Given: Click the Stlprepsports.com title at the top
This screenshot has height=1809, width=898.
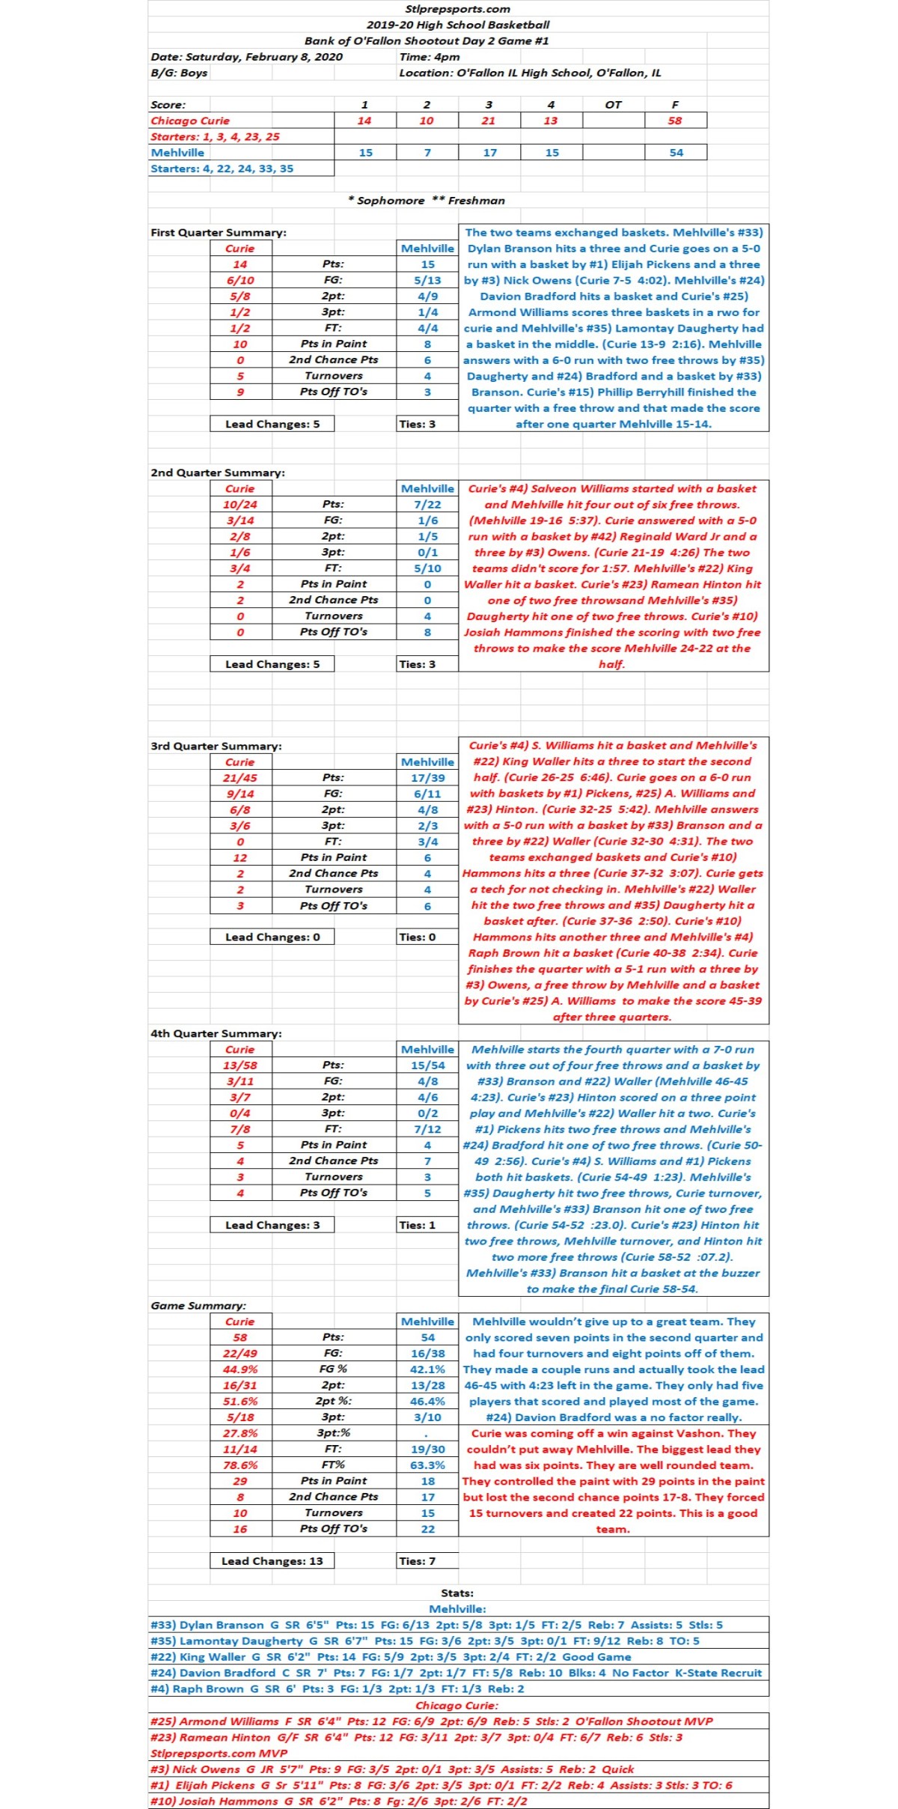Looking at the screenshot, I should [457, 9].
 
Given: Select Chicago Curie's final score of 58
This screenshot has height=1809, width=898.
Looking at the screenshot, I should [675, 121].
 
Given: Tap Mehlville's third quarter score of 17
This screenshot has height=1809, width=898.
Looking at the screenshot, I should [489, 153].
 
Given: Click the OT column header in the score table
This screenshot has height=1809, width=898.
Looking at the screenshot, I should [613, 105].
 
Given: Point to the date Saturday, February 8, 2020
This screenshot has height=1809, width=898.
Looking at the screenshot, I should [247, 57].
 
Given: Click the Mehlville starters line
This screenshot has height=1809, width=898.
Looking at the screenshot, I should [222, 168].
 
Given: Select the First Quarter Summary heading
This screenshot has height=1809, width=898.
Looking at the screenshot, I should [219, 232].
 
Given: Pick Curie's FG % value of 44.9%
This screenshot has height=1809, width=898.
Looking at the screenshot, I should [240, 1369].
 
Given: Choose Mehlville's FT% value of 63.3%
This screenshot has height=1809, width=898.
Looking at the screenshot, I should [427, 1465].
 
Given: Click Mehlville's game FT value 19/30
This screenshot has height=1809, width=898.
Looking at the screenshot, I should [427, 1449].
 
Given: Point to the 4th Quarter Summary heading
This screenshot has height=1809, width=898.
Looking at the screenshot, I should [216, 1033].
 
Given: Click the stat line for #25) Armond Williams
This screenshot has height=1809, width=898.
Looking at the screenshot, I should [431, 1721].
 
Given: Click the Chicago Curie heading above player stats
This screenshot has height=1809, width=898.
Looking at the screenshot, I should [456, 1705].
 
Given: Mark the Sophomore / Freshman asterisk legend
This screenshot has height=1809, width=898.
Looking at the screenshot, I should [427, 201].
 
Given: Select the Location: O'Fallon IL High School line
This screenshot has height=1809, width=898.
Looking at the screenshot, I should [530, 73].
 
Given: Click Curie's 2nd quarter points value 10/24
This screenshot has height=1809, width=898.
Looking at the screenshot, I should [240, 505].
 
